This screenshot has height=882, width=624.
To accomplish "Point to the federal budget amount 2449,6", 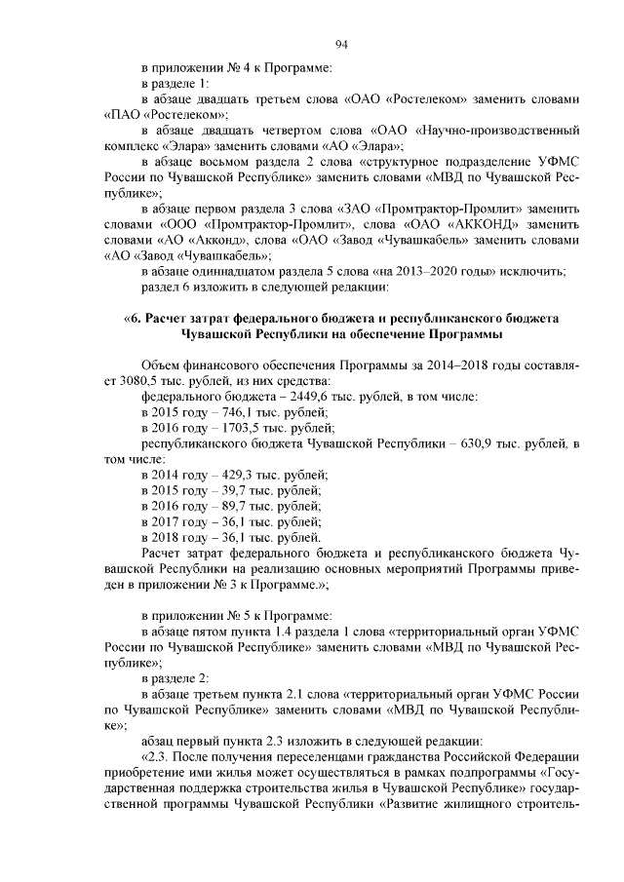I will pos(304,396).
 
